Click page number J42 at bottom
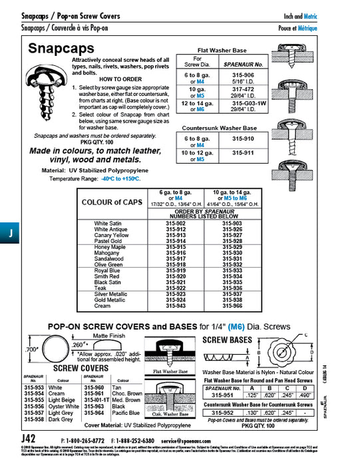pos(29,439)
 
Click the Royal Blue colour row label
pos(107,270)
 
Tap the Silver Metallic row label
pos(110,294)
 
